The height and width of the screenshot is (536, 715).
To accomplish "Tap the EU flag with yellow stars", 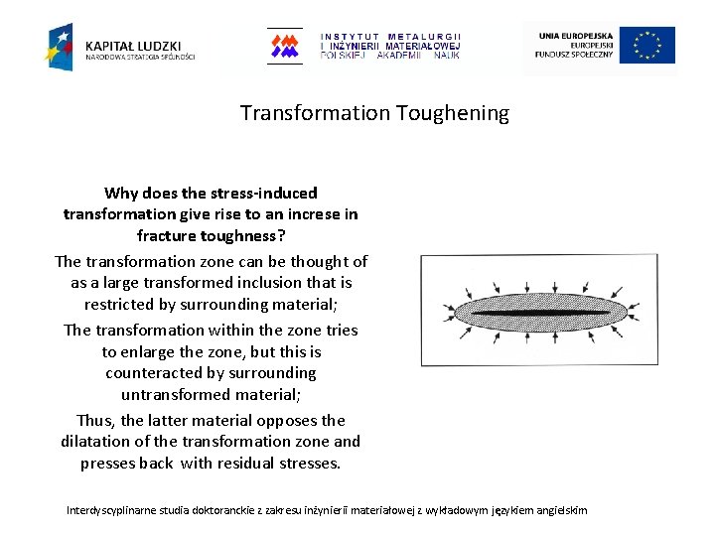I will click(x=647, y=46).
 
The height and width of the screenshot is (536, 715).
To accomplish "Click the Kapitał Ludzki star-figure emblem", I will click(x=59, y=47).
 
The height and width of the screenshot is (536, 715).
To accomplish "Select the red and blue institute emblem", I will click(x=285, y=46).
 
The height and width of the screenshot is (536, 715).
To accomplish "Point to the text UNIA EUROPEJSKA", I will click(x=577, y=36).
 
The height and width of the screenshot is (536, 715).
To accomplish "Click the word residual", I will click(x=243, y=464).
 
